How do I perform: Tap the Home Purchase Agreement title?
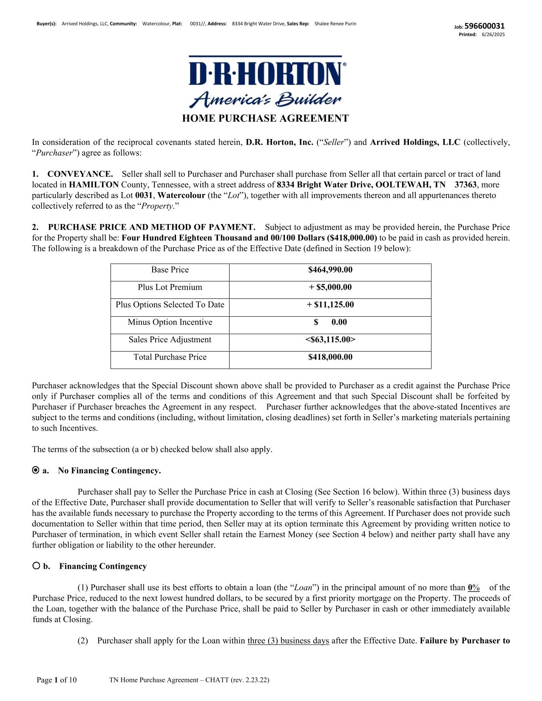tap(265, 119)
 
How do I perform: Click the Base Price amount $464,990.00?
tap(330, 270)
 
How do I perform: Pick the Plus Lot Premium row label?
tap(170, 287)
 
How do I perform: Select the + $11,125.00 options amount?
tap(330, 305)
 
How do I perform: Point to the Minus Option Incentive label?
tap(170, 322)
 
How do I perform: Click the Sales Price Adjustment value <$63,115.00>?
tap(330, 340)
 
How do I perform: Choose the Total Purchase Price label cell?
tap(170, 357)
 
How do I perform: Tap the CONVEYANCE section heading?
tap(80, 174)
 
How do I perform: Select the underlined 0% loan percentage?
tap(474, 588)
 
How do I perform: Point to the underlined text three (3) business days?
tap(288, 641)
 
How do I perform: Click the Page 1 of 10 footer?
tap(57, 680)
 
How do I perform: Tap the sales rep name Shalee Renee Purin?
tap(335, 24)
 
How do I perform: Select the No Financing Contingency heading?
tap(109, 471)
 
